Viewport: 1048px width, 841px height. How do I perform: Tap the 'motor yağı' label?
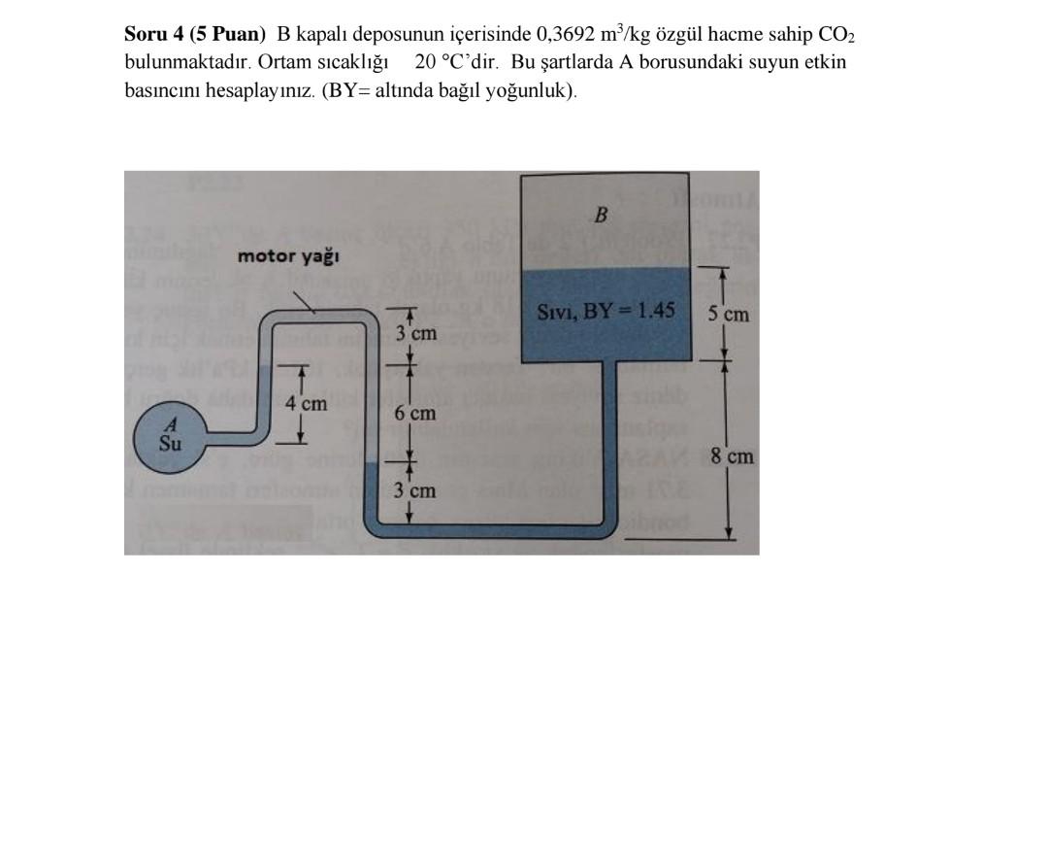288,256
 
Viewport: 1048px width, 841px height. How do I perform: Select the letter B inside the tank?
601,215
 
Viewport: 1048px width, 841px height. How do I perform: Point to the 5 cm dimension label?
728,314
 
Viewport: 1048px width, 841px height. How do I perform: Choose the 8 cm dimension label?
732,455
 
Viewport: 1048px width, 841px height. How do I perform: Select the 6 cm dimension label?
414,413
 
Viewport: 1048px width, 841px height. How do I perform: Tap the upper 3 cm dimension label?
416,333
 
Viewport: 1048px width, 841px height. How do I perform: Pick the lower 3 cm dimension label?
414,490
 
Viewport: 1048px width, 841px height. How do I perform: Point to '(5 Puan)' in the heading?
228,35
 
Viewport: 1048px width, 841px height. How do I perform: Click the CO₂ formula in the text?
836,36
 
